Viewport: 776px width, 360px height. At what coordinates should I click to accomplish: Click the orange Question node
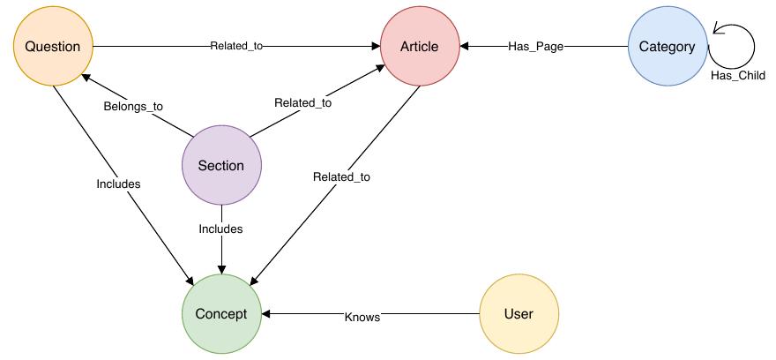tap(53, 47)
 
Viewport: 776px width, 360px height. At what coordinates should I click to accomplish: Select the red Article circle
tap(420, 47)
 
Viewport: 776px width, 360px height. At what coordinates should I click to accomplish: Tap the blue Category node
tap(667, 47)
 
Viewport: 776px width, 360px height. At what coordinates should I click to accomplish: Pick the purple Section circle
tap(221, 166)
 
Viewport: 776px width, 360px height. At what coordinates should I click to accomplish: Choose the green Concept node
tap(221, 314)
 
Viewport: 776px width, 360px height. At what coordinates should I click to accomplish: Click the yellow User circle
tap(519, 314)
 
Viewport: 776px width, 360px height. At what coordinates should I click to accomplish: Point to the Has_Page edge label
tap(535, 47)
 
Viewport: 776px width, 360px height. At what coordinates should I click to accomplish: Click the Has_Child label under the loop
tap(738, 76)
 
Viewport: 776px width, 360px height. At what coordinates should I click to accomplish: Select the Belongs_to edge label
tap(134, 106)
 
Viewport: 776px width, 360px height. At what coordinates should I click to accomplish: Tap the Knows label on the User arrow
tap(362, 316)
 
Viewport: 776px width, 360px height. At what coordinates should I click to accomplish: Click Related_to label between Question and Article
tap(236, 46)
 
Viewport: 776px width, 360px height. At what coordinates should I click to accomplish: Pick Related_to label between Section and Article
tap(302, 103)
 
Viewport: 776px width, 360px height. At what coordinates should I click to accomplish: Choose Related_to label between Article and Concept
tap(341, 177)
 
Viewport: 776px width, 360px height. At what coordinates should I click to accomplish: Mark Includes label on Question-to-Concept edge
tap(119, 184)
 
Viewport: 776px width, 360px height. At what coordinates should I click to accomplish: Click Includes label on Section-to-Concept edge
tap(220, 229)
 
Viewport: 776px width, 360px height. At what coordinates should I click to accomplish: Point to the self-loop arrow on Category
tap(735, 45)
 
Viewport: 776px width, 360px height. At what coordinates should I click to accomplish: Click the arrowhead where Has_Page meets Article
tap(465, 47)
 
